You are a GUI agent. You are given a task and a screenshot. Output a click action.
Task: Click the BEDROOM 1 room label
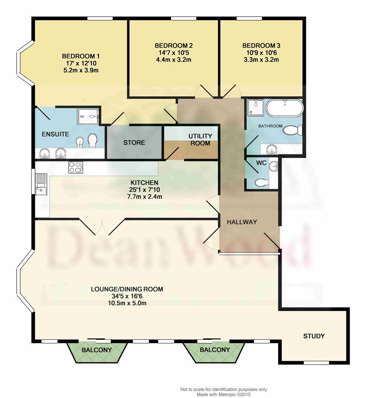click(81, 56)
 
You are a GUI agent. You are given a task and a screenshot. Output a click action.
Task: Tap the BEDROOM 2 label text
click(174, 46)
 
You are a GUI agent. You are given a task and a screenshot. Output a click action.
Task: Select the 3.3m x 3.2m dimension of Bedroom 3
click(261, 60)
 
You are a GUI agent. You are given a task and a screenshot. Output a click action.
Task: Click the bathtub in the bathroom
click(285, 108)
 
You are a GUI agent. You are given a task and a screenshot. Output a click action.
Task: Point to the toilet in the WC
click(261, 182)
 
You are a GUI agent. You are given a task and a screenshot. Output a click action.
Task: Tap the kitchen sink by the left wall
click(40, 184)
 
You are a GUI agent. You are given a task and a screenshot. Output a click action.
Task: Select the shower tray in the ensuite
click(88, 116)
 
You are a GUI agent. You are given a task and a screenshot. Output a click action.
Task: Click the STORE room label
click(134, 143)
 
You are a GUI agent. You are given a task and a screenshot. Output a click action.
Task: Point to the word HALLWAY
click(242, 222)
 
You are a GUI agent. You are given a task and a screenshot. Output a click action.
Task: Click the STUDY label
click(314, 336)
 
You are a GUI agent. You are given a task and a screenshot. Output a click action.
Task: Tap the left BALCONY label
click(97, 350)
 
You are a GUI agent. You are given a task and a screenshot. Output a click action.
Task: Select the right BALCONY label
click(215, 350)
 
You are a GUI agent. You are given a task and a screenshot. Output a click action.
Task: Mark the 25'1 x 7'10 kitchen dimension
click(145, 190)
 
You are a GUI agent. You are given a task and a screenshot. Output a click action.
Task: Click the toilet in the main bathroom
click(294, 130)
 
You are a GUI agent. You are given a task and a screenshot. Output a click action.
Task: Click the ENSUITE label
click(55, 134)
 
